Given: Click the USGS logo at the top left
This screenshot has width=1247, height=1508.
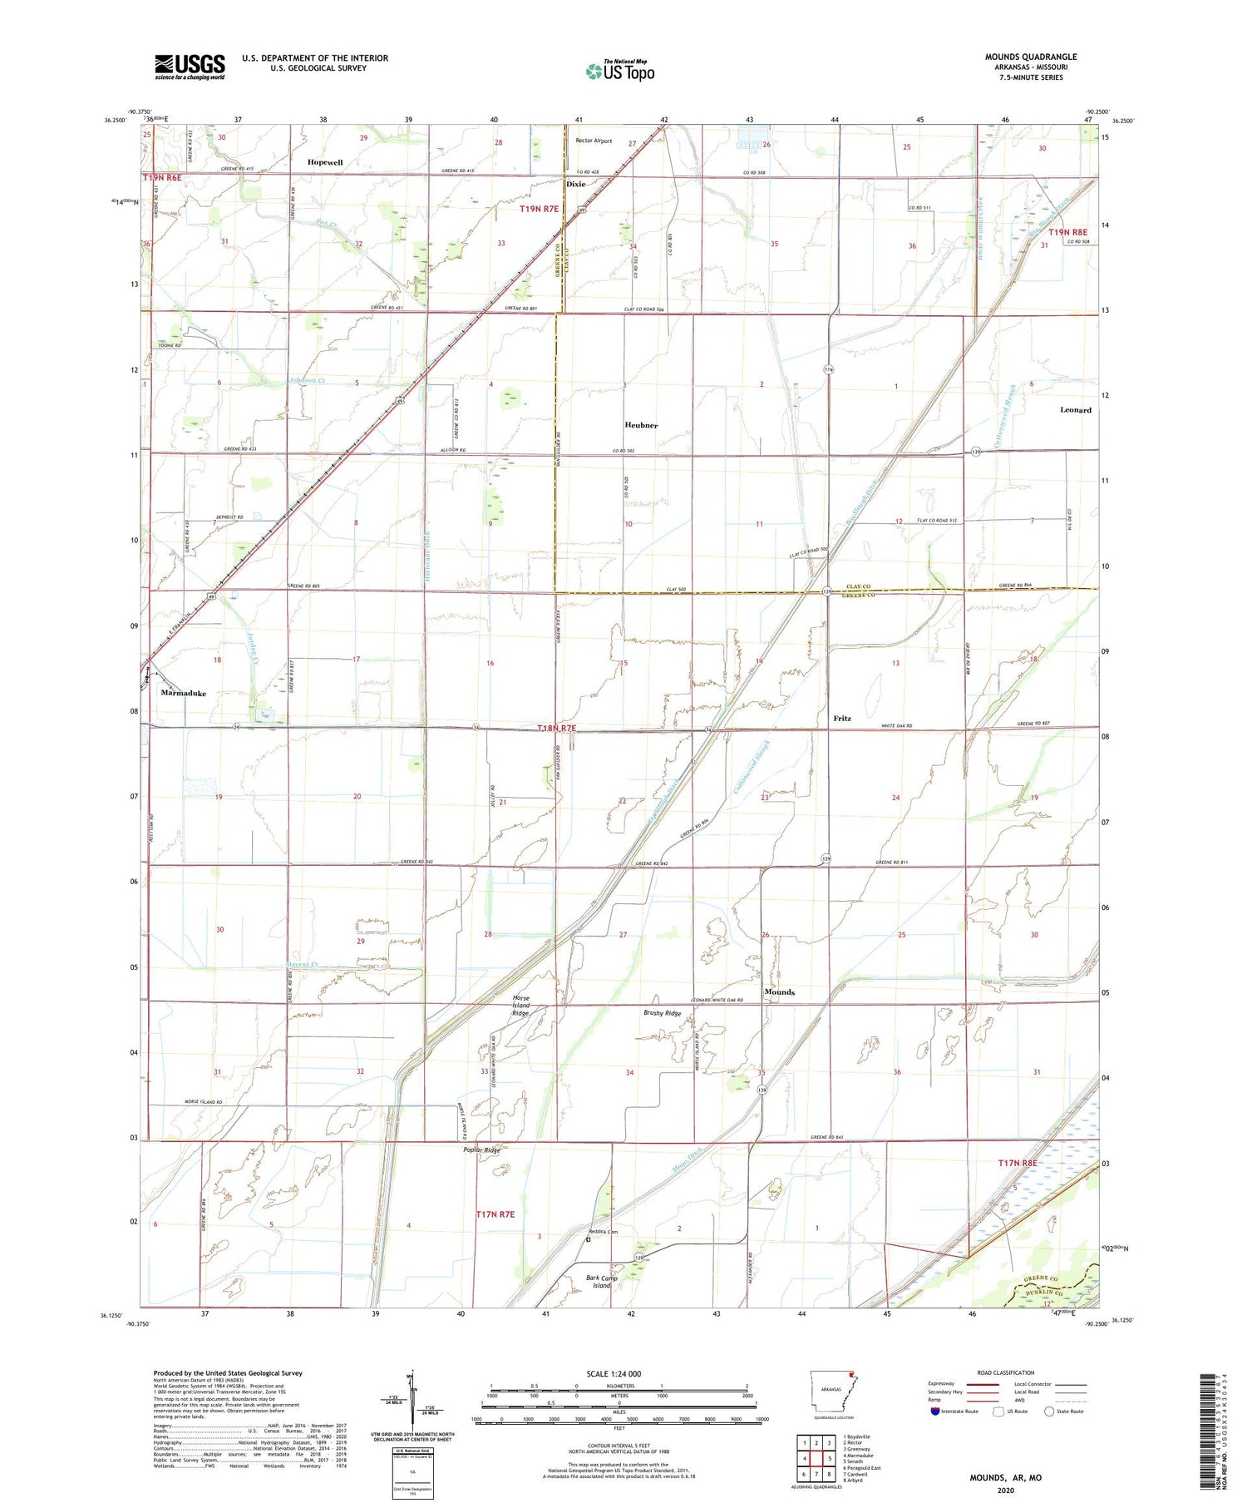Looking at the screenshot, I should pyautogui.click(x=190, y=67).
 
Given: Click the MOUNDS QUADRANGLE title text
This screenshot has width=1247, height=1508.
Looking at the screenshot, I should pyautogui.click(x=1031, y=57).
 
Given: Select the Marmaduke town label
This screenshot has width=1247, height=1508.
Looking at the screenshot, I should pyautogui.click(x=183, y=693).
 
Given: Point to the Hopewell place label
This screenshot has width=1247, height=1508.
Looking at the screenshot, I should pyautogui.click(x=324, y=162).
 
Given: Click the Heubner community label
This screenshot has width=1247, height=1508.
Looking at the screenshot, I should pyautogui.click(x=641, y=425).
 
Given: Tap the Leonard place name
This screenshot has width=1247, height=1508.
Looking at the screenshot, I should pyautogui.click(x=1075, y=410).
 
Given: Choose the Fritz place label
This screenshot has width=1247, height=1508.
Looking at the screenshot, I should pyautogui.click(x=842, y=718).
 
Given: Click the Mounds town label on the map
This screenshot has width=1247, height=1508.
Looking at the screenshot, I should pyautogui.click(x=779, y=991).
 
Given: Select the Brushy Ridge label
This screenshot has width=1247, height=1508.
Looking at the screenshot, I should pyautogui.click(x=662, y=1013).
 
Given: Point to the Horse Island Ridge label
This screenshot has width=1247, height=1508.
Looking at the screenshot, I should pyautogui.click(x=520, y=1006).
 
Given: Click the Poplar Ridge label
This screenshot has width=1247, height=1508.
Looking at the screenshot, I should pyautogui.click(x=482, y=1150).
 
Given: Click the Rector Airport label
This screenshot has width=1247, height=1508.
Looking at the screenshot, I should pyautogui.click(x=594, y=141).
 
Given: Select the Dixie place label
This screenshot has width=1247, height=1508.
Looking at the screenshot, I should pyautogui.click(x=576, y=184).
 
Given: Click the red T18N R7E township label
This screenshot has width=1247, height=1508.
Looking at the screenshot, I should pyautogui.click(x=556, y=729).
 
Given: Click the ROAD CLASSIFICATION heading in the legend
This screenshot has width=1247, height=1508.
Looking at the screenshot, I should pyautogui.click(x=1006, y=1372).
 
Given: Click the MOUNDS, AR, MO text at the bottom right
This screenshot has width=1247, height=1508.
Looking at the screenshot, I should pyautogui.click(x=1005, y=1477).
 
